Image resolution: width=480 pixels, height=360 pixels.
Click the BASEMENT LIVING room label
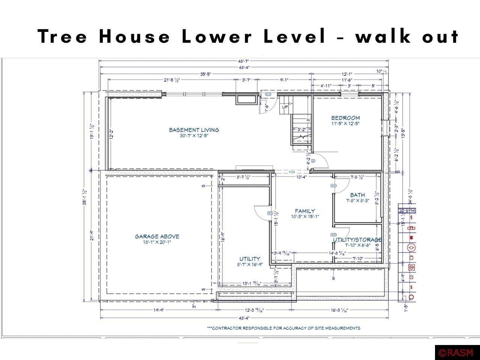point(194,130)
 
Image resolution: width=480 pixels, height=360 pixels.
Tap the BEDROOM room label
point(345,118)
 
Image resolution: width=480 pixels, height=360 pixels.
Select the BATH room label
point(357,195)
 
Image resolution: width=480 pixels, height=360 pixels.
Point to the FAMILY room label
point(304,211)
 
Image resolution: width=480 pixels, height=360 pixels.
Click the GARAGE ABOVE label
point(157,236)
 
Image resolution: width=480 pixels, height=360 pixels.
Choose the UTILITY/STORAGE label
point(357,240)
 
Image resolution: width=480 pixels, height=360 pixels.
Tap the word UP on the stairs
point(285,107)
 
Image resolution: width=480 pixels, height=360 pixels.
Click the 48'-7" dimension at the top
point(243,61)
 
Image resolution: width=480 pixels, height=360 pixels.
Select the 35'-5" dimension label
point(205,74)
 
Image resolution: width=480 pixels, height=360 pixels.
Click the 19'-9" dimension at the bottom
point(159,310)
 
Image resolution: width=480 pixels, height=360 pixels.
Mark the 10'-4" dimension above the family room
point(301,177)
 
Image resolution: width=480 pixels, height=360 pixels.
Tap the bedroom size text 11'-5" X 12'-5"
point(345,123)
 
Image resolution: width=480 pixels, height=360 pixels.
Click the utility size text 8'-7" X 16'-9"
point(250,264)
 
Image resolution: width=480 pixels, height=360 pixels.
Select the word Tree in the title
point(63,37)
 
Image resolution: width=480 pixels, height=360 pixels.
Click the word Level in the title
point(294,37)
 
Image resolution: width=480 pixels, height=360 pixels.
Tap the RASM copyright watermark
point(457,353)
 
